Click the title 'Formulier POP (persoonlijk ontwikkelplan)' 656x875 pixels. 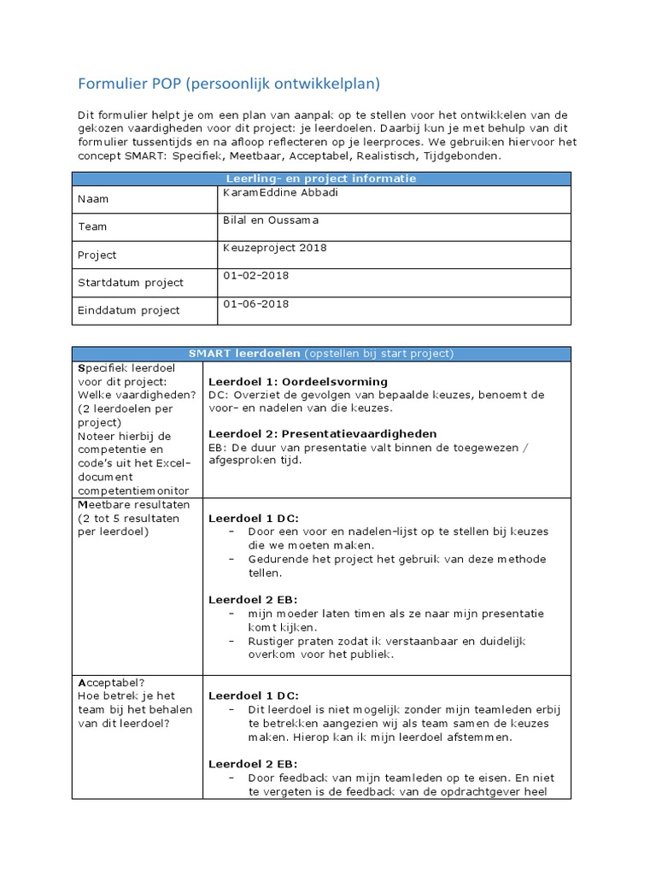tap(228, 83)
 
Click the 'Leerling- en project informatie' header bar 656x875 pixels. tap(320, 179)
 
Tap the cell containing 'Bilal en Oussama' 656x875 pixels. tap(272, 220)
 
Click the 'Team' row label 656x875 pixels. tap(92, 227)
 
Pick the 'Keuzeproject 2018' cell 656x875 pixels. tap(274, 248)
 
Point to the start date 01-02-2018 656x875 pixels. tap(256, 276)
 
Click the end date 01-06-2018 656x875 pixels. tap(256, 303)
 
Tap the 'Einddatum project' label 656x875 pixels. tap(128, 310)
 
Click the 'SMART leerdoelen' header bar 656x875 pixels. tap(320, 354)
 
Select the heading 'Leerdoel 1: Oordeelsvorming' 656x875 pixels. tap(297, 381)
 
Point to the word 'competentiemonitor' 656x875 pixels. tap(134, 490)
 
